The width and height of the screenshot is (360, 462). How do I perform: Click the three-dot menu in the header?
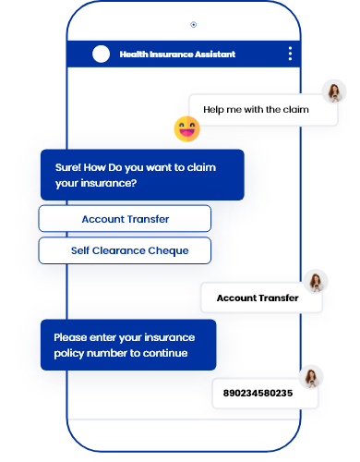tap(290, 54)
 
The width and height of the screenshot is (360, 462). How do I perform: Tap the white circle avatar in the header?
tap(101, 54)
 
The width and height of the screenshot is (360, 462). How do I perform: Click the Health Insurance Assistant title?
tap(177, 55)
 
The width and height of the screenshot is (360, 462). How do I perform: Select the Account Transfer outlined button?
tap(125, 219)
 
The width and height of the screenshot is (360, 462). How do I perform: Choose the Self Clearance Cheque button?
tap(125, 250)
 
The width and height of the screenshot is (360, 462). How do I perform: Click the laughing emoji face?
tap(186, 128)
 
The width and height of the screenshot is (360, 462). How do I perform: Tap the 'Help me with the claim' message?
tap(256, 109)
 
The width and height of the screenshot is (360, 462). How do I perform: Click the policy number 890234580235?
tap(258, 394)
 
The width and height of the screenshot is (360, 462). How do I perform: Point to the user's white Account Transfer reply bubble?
tap(258, 298)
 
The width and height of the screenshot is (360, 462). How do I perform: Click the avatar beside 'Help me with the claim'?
tap(335, 91)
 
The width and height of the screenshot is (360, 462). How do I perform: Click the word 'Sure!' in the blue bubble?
tap(67, 167)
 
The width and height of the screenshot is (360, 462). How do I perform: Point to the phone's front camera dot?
tap(193, 24)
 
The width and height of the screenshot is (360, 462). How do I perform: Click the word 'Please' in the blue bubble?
tap(70, 337)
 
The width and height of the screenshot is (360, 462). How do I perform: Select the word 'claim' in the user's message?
tap(294, 109)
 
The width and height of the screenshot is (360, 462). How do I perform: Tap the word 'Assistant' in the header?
tap(213, 55)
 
